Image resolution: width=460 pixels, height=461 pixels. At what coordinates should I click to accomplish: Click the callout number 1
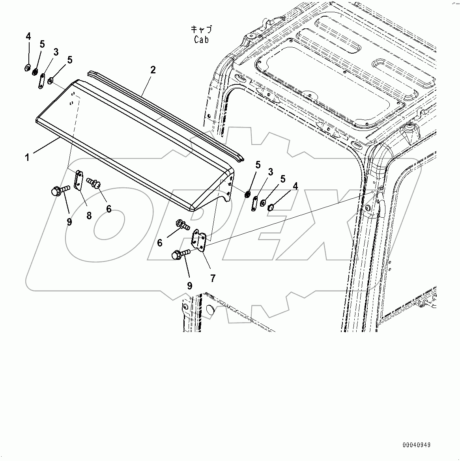coord(27,158)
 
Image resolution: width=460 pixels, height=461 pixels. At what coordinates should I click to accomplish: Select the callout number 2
coord(153,70)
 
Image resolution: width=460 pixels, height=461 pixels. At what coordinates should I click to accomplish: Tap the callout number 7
coord(213,278)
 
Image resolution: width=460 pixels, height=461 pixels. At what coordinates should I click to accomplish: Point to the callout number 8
coord(89,215)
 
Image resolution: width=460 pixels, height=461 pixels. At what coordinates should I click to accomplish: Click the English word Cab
coord(201,39)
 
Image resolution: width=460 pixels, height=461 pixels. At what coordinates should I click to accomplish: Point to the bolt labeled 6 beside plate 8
coord(95,183)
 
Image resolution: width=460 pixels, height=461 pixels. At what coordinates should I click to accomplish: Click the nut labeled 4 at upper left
coord(28,68)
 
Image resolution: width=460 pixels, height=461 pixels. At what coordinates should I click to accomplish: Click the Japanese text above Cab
coord(201,29)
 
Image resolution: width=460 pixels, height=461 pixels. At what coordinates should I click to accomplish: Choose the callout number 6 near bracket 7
coord(160,243)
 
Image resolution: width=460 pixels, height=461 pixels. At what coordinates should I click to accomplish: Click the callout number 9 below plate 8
coord(69,222)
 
